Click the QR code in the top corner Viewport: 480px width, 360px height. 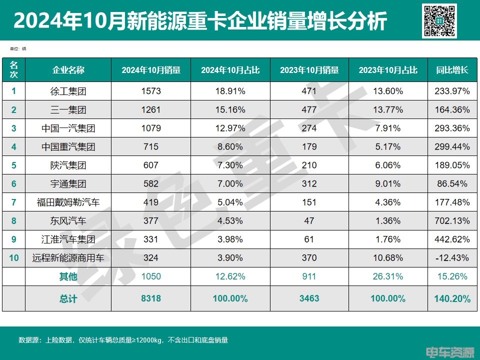[x=439, y=21]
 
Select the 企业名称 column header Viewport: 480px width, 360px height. [x=68, y=70]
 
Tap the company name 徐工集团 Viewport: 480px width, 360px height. [x=68, y=91]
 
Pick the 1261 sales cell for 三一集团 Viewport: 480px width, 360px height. [x=150, y=109]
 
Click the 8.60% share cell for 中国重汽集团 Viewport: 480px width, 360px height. [x=230, y=146]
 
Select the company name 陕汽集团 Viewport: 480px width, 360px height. [x=68, y=165]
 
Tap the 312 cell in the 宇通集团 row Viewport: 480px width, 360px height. [x=309, y=183]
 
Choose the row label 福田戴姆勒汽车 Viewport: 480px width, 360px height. [x=68, y=202]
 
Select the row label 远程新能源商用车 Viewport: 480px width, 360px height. [x=68, y=258]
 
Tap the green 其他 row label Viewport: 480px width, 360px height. [x=68, y=276]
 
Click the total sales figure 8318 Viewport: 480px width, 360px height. [x=150, y=298]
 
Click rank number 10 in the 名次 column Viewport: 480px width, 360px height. [x=13, y=258]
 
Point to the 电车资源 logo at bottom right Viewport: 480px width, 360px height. [x=449, y=352]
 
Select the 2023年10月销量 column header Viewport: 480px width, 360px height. [x=309, y=70]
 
